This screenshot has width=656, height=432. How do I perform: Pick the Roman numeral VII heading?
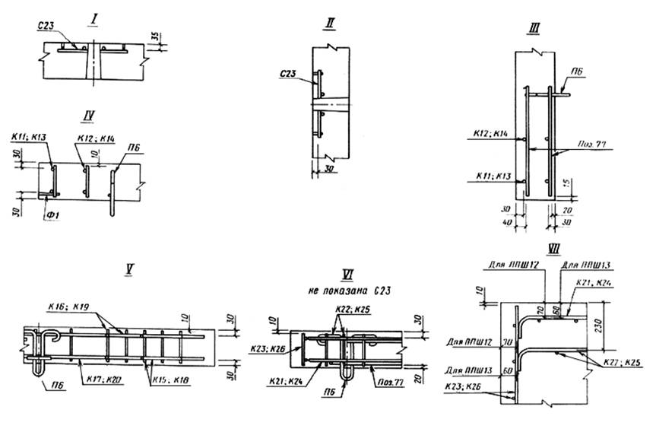click(552, 248)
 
